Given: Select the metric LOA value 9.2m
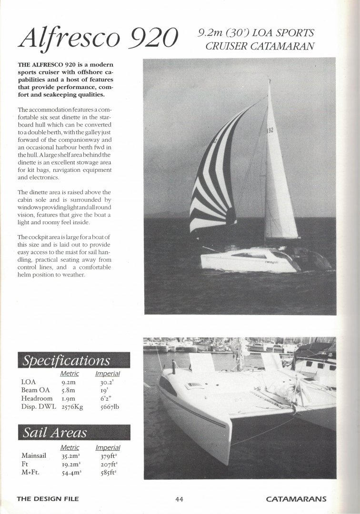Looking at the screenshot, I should click(70, 382).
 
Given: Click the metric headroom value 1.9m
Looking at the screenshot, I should click(70, 398).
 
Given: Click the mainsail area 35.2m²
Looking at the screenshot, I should click(70, 455).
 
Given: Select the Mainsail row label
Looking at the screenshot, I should click(34, 455).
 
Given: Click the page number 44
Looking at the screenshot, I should click(179, 499).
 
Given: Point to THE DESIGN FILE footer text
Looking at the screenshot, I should click(47, 499).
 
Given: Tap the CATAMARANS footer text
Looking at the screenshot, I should click(296, 499).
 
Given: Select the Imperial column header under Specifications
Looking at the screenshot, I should click(107, 374).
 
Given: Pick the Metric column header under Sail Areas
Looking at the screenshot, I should click(70, 447).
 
